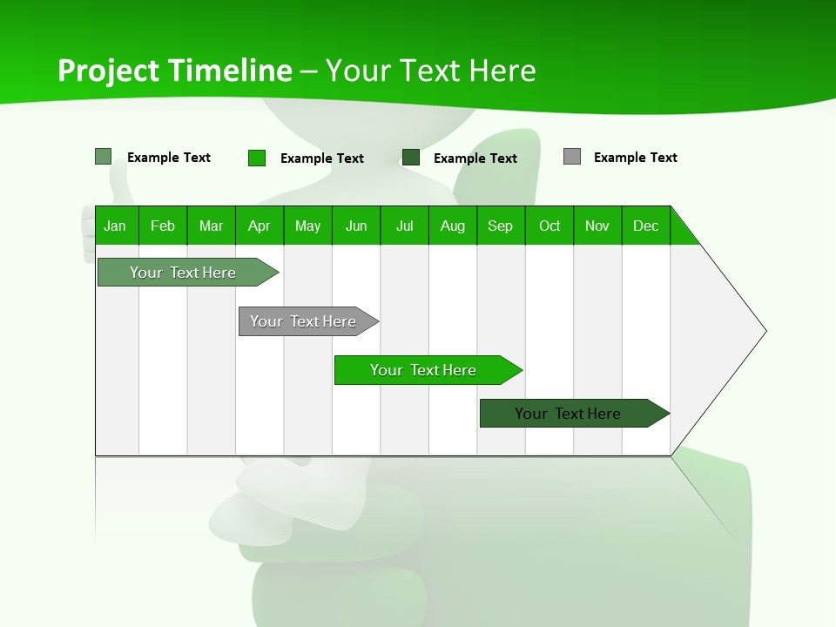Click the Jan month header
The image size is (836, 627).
point(115,226)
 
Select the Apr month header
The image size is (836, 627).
point(259,226)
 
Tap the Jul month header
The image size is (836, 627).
point(404,226)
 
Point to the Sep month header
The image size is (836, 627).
point(500,226)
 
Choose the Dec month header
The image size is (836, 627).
point(645,226)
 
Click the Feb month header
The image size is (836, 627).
point(163,226)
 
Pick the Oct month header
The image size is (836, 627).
point(549,226)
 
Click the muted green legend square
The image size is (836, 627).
point(103,157)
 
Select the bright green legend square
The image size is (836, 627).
point(256,158)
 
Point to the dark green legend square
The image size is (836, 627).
point(410,158)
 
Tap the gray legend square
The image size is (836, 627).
point(571,157)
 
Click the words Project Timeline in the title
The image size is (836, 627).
point(174,71)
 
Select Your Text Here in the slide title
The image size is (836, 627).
point(430,71)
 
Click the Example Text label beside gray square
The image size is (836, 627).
point(635,158)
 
